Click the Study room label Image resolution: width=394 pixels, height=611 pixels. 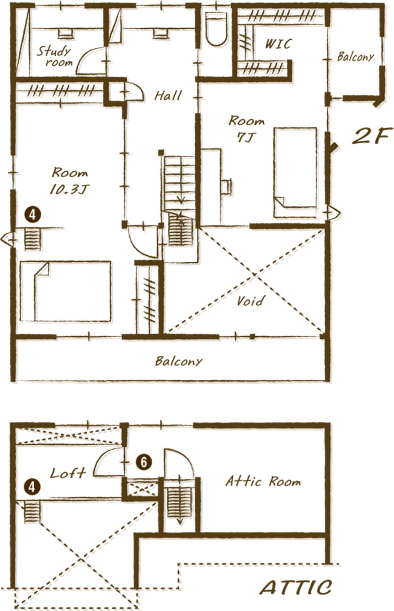54,56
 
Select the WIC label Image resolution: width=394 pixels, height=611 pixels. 278,44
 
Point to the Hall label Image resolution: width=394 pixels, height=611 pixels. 168,95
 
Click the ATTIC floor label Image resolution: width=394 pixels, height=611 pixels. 295,587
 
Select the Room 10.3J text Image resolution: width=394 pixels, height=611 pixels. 69,181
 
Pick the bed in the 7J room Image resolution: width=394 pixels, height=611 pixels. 296,173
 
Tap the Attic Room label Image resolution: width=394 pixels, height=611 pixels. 263,481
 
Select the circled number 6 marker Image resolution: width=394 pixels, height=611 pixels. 144,462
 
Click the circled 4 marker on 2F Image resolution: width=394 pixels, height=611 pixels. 33,215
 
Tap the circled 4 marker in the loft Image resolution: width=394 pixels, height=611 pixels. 32,487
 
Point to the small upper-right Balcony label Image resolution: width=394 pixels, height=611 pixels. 355,56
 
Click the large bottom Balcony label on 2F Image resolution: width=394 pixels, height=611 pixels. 178,361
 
